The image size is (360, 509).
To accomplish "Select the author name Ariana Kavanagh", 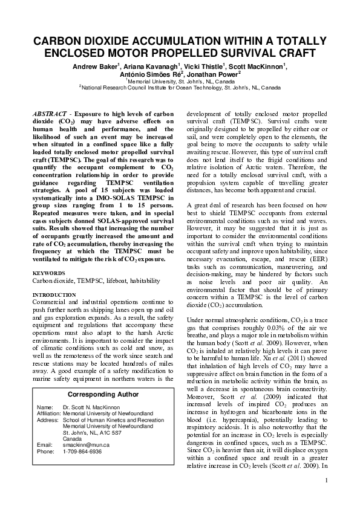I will pyautogui.click(x=147, y=65).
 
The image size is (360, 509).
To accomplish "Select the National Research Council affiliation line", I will pyautogui.click(x=180, y=87).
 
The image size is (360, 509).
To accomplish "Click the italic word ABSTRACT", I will pyautogui.click(x=50, y=114).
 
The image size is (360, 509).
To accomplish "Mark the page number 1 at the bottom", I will pyautogui.click(x=326, y=481).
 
